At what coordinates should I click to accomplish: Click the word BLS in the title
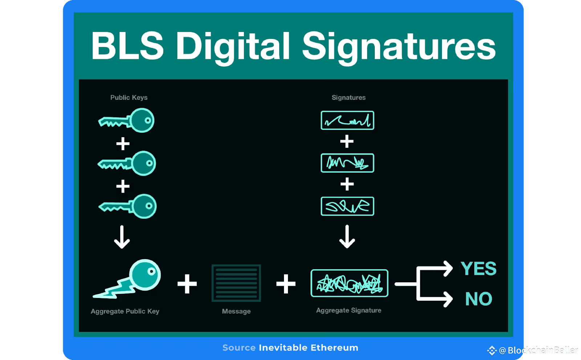[x=127, y=46]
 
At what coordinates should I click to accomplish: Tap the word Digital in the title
[x=233, y=46]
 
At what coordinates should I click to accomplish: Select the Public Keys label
[x=129, y=98]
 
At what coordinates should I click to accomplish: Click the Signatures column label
[x=349, y=98]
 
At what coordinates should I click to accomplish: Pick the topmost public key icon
[x=127, y=120]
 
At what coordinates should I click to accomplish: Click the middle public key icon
[x=127, y=164]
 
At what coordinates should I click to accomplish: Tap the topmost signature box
[x=348, y=120]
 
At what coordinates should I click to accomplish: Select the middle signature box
[x=348, y=163]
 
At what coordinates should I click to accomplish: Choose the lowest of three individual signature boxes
[x=348, y=206]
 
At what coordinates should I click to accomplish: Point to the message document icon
[x=236, y=283]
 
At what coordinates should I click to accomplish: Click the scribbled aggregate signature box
[x=349, y=283]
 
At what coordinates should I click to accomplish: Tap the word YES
[x=478, y=269]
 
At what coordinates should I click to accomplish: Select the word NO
[x=479, y=299]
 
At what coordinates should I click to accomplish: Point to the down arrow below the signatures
[x=347, y=237]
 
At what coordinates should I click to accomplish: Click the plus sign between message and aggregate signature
[x=286, y=284]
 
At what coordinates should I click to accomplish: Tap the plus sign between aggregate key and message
[x=187, y=284]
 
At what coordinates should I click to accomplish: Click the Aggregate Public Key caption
[x=125, y=311]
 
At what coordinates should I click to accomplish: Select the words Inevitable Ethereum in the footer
[x=308, y=348]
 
